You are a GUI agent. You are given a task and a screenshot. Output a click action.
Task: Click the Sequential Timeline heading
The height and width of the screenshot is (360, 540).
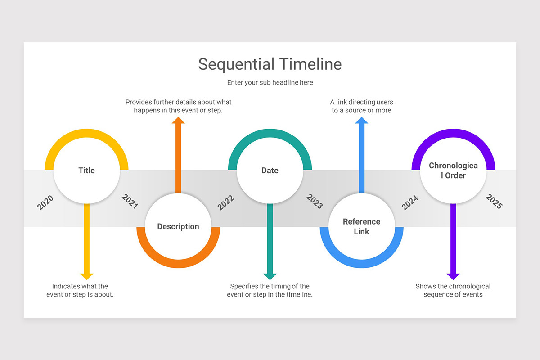(270, 64)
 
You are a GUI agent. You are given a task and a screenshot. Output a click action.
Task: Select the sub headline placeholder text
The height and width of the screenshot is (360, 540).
(270, 82)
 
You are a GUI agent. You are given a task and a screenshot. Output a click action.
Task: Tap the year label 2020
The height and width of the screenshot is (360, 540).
(45, 202)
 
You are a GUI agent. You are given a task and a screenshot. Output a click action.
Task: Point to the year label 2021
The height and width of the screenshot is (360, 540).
(130, 202)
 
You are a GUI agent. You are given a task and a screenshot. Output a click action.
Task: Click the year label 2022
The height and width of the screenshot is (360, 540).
(226, 202)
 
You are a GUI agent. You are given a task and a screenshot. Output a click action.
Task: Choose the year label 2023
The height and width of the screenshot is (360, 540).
(315, 202)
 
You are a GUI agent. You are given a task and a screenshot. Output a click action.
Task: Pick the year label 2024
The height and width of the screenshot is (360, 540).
(410, 202)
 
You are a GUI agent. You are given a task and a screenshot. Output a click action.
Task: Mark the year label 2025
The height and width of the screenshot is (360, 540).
(494, 202)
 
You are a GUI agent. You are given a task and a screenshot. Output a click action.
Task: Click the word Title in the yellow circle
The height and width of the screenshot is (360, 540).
(86, 171)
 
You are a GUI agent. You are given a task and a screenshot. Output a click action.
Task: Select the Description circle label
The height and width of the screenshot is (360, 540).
(178, 226)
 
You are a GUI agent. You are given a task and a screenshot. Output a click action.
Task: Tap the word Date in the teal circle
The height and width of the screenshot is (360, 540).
(270, 171)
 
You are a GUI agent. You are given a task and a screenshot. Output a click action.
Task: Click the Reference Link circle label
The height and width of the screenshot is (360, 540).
(361, 226)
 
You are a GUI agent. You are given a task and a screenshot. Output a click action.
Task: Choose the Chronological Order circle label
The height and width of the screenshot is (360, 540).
(453, 171)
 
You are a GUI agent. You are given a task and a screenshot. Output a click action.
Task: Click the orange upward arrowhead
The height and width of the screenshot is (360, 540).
(178, 120)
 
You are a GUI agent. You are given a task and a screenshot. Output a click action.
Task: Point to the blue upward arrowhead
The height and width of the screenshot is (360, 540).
(361, 120)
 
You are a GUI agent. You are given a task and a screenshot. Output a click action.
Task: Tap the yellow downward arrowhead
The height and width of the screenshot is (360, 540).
(86, 276)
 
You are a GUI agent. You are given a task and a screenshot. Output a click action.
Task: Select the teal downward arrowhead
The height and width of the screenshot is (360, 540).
(270, 276)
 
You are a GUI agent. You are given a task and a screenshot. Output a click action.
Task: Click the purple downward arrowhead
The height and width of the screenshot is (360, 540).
(453, 276)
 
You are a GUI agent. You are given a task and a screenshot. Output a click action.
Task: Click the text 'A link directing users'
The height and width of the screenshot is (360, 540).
(361, 102)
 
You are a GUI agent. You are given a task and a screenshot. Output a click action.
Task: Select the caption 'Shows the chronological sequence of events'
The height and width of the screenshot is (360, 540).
(453, 290)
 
